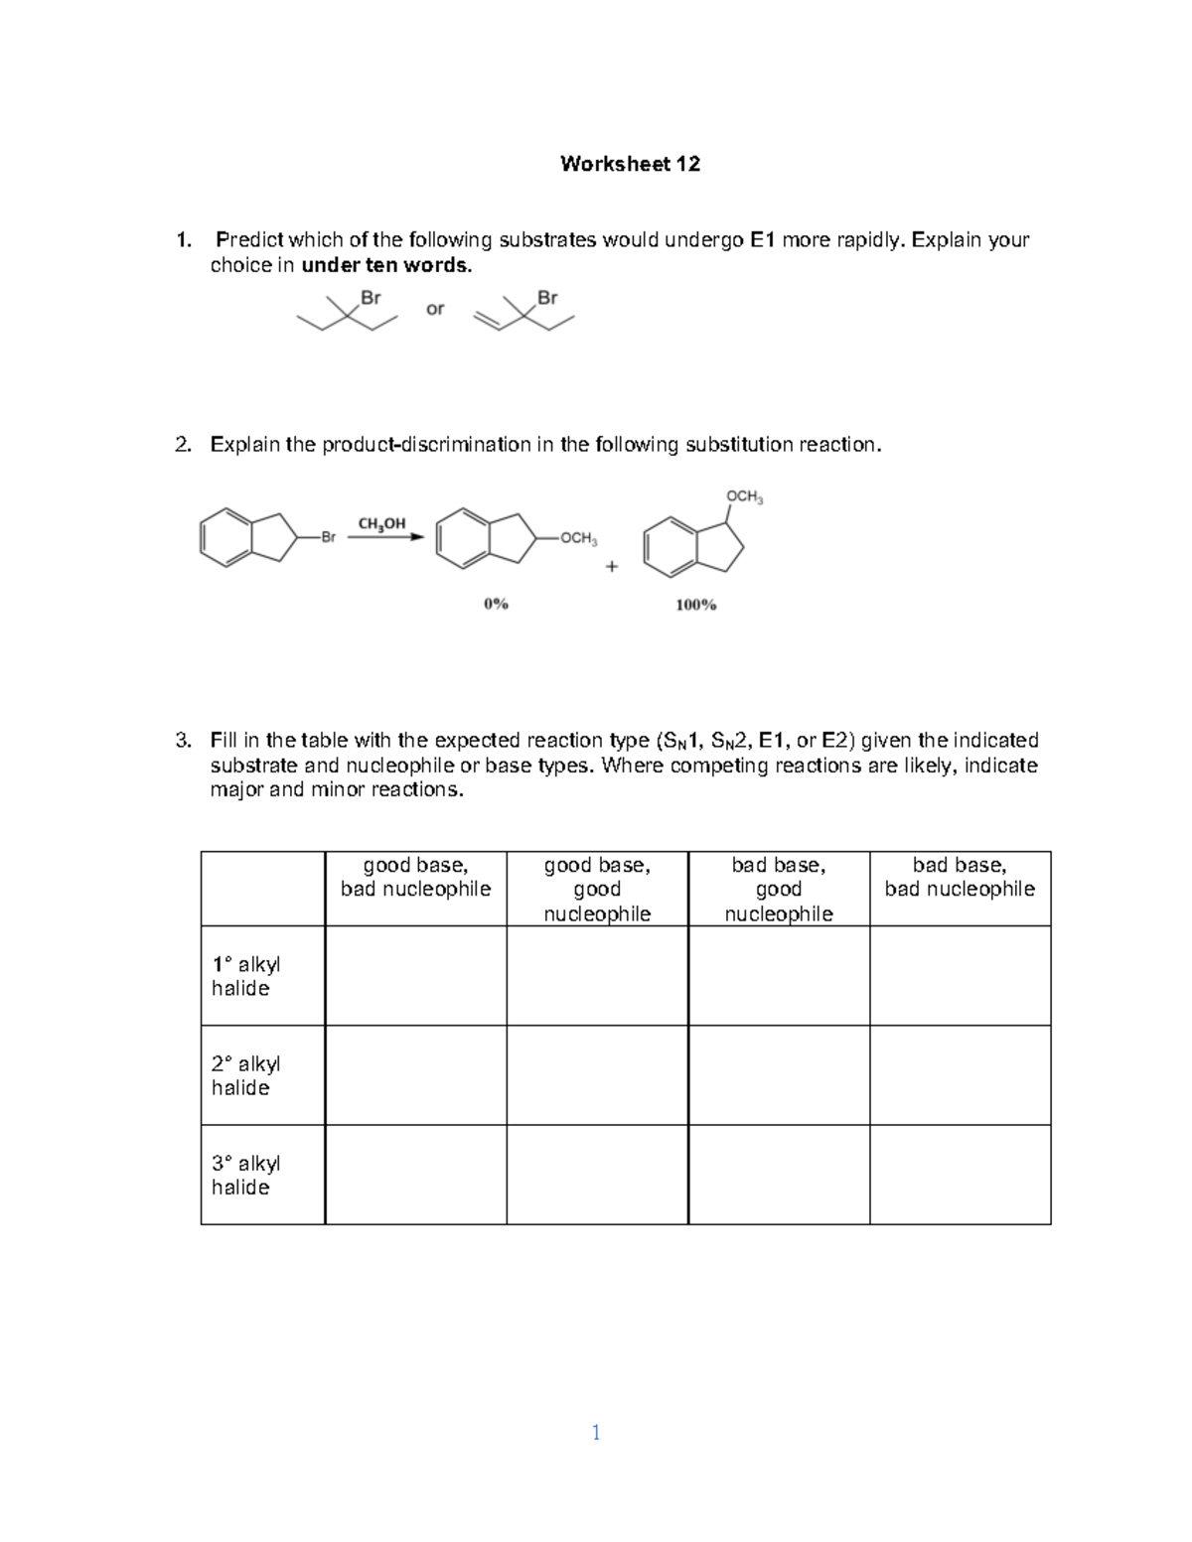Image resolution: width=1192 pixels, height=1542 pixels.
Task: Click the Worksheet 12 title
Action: [x=630, y=165]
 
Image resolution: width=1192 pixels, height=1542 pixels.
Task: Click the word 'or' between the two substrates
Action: [x=435, y=309]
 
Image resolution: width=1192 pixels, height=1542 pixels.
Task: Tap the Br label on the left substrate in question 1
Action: [x=370, y=297]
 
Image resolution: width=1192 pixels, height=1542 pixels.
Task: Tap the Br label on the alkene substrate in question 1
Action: [x=547, y=297]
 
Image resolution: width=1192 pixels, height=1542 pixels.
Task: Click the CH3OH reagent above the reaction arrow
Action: [x=381, y=523]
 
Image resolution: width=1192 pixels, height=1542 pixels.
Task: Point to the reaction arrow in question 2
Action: [x=385, y=538]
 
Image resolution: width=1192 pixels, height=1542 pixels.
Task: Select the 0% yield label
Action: [x=496, y=603]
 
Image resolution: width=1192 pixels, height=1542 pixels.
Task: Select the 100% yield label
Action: [x=695, y=604]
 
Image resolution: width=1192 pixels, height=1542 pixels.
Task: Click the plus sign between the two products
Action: [x=611, y=567]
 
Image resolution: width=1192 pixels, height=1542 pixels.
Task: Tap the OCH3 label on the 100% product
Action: [x=744, y=496]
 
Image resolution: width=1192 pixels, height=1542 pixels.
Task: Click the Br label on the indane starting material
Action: [x=328, y=537]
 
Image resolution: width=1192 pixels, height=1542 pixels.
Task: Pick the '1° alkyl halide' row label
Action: [x=246, y=976]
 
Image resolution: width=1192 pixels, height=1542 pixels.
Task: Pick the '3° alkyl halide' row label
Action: [x=246, y=1175]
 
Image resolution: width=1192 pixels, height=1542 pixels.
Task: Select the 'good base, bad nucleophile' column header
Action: [x=415, y=878]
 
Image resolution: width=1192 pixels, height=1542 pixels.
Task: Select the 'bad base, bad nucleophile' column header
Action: [x=960, y=878]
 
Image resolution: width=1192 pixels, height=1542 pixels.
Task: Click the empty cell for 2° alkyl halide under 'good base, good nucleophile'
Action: [x=597, y=1075]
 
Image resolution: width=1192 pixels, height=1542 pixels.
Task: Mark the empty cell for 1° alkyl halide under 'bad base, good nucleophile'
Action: [x=779, y=976]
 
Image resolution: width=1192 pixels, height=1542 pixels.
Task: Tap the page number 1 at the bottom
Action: [x=595, y=1432]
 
